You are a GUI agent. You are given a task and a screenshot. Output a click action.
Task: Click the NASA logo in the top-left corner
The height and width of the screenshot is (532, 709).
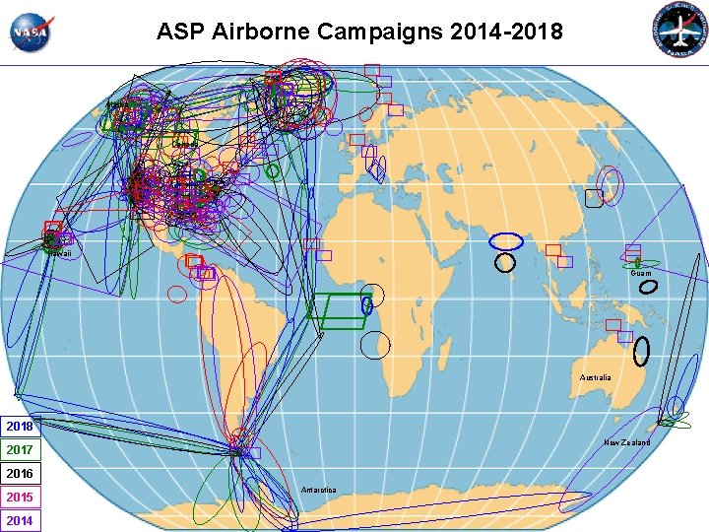pyautogui.click(x=32, y=33)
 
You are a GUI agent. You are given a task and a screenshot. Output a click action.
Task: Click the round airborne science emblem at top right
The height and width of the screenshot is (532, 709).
pyautogui.click(x=680, y=32)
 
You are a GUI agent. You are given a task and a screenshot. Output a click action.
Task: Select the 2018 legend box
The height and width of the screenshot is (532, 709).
pyautogui.click(x=21, y=427)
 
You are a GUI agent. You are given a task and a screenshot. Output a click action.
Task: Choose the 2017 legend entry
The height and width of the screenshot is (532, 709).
pyautogui.click(x=21, y=450)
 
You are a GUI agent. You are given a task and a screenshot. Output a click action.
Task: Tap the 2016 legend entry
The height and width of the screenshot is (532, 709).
pyautogui.click(x=21, y=474)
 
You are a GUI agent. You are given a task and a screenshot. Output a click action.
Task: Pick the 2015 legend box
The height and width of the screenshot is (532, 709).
pyautogui.click(x=21, y=498)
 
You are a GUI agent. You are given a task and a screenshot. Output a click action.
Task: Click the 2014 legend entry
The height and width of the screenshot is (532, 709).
pyautogui.click(x=21, y=520)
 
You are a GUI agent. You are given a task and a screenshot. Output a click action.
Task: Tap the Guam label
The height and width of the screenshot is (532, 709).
pyautogui.click(x=641, y=273)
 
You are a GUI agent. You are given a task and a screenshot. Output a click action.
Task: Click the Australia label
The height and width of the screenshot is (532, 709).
pyautogui.click(x=595, y=377)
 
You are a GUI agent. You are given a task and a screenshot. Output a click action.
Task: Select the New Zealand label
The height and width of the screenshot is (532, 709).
pyautogui.click(x=626, y=442)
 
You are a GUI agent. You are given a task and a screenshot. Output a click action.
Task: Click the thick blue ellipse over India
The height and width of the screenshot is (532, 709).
pyautogui.click(x=507, y=241)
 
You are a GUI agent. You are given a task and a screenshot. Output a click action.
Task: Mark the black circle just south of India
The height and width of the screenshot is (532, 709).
pyautogui.click(x=505, y=263)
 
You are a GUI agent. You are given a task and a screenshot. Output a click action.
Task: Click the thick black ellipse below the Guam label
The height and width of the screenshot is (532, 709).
pyautogui.click(x=649, y=287)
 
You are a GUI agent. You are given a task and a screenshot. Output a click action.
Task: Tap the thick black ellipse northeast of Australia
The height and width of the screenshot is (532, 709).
pyautogui.click(x=641, y=351)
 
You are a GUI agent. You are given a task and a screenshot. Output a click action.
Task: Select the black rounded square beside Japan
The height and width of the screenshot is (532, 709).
pyautogui.click(x=593, y=198)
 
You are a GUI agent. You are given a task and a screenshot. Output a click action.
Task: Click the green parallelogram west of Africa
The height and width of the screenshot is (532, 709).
pyautogui.click(x=338, y=308)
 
